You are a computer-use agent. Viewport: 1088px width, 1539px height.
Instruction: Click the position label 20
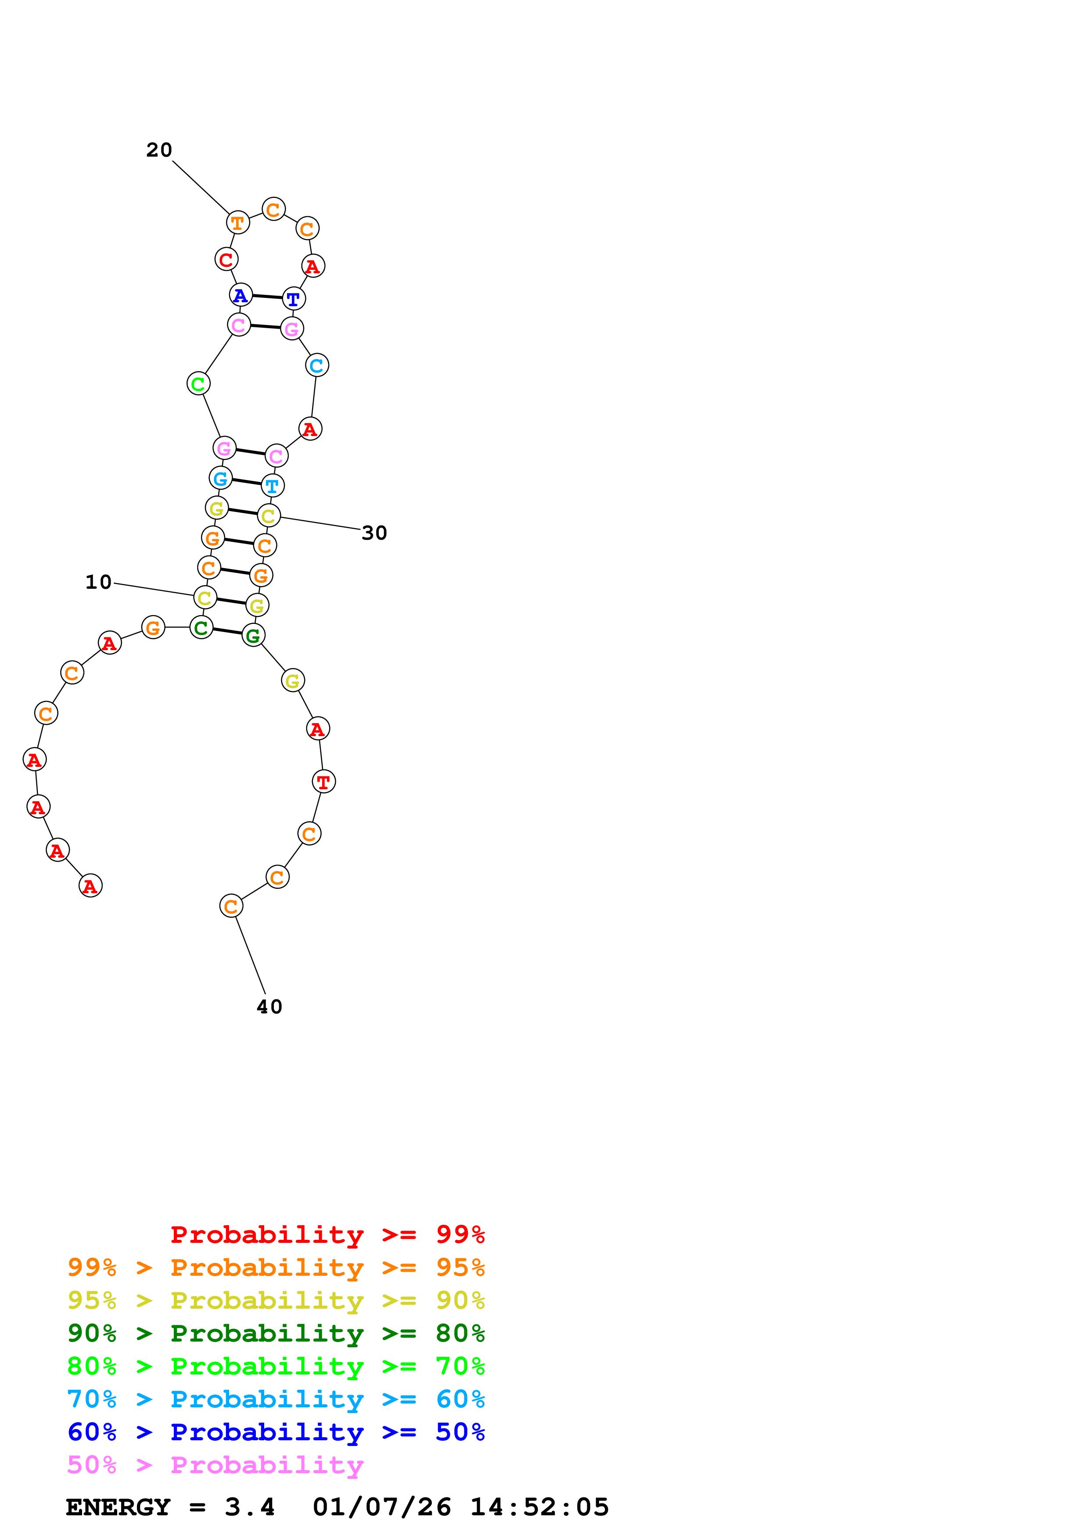[159, 150]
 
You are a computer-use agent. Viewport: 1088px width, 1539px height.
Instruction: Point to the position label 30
[374, 533]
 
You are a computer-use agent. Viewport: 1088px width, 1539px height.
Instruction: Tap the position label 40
[269, 1007]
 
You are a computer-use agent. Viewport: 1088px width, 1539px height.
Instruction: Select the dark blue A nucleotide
[241, 295]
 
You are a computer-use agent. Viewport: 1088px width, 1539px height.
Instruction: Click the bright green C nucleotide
[198, 384]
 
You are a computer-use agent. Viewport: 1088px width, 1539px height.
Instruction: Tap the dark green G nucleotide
[253, 635]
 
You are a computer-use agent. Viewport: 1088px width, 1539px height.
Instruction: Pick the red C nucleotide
[226, 259]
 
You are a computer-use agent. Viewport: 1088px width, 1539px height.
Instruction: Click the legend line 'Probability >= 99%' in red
[327, 1235]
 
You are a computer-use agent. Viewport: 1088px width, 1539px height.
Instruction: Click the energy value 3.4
[249, 1507]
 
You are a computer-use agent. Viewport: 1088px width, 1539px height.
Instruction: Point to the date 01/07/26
[381, 1507]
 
